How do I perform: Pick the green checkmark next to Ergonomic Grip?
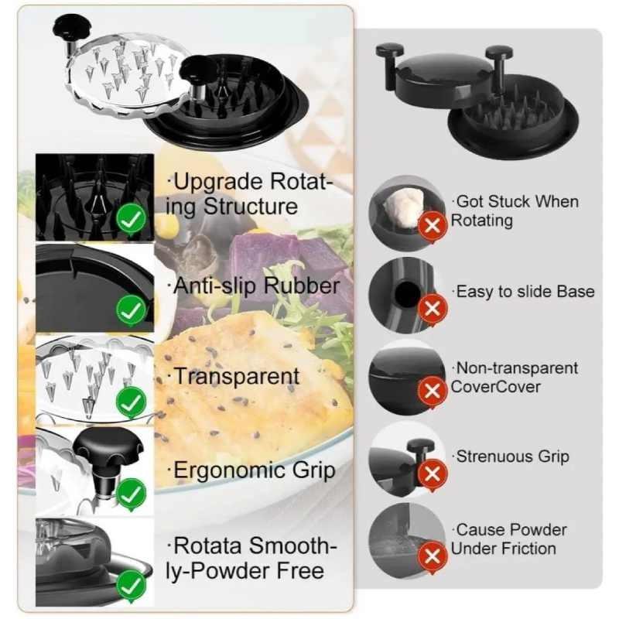[132, 492]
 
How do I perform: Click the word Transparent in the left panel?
[236, 377]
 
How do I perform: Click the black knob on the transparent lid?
[71, 29]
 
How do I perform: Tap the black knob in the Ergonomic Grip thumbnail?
[108, 449]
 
